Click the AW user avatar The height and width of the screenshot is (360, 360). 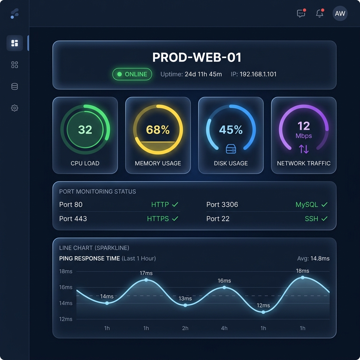[x=340, y=14]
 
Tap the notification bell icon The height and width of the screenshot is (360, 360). [x=320, y=14]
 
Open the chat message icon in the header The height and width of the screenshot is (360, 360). [x=301, y=14]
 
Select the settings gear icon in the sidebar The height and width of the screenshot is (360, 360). [x=14, y=108]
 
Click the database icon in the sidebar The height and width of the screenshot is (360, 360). [x=14, y=86]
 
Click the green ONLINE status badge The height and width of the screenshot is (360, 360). [x=132, y=74]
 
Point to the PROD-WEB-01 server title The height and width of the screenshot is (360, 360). [x=197, y=58]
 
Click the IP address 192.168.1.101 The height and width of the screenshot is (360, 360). [x=258, y=74]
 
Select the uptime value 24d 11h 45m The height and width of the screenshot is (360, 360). [x=203, y=74]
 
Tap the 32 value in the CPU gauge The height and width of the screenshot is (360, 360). [x=85, y=130]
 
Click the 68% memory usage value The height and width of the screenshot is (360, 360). [x=158, y=130]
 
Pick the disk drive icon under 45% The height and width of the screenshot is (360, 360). [x=231, y=149]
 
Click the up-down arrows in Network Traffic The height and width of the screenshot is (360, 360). [x=304, y=149]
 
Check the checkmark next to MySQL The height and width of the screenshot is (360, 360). [x=324, y=205]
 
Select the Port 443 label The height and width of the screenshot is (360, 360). [x=73, y=219]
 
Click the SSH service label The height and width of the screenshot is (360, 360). [x=311, y=219]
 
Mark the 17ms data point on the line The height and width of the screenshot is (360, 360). [x=146, y=280]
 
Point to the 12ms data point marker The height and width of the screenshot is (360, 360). [x=263, y=312]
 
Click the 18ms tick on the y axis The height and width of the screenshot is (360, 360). [x=66, y=271]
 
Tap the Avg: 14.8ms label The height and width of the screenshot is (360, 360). [x=313, y=259]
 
